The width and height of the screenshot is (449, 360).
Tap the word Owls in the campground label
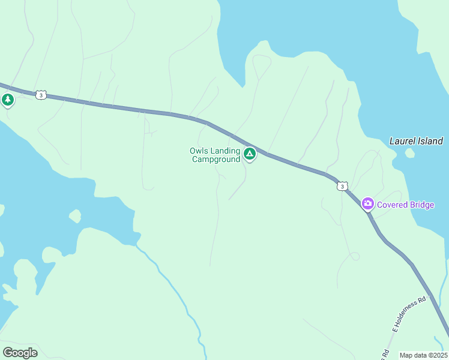tap(199, 151)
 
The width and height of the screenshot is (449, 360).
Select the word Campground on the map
tap(215, 160)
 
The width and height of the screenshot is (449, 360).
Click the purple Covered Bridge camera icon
tap(367, 204)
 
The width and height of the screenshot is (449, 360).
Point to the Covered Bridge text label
tap(405, 205)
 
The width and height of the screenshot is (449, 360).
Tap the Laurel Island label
tap(416, 142)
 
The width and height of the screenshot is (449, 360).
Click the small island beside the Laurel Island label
tap(409, 153)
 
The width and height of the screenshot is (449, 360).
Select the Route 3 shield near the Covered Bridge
tap(342, 187)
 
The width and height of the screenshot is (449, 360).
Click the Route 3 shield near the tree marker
tap(40, 95)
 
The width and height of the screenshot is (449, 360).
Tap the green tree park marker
tap(8, 100)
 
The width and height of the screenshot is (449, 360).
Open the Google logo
tap(20, 353)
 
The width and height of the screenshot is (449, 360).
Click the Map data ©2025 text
tap(423, 355)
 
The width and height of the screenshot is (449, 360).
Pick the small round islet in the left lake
tap(75, 215)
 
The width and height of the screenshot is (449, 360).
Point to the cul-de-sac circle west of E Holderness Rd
tap(355, 257)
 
